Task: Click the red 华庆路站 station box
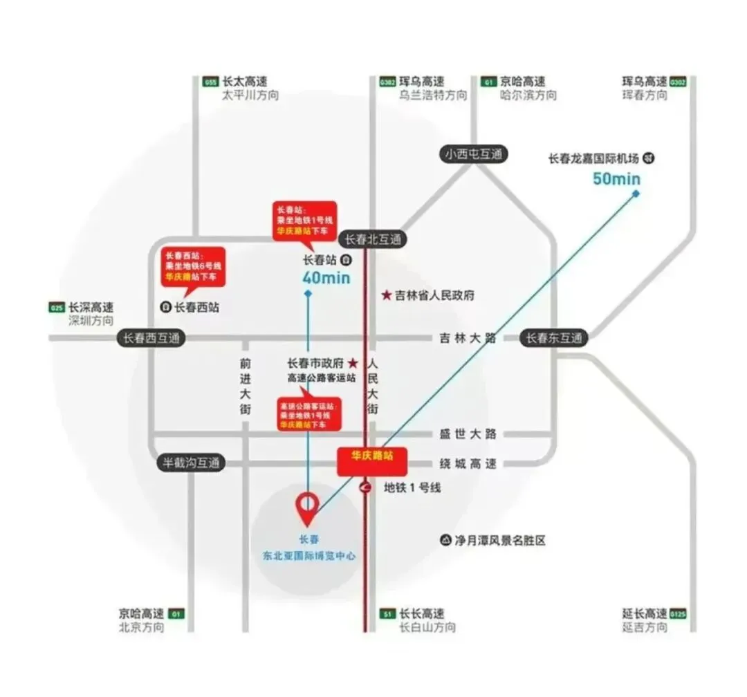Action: [x=372, y=462]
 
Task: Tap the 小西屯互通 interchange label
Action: [x=474, y=154]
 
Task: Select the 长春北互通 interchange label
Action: [x=373, y=239]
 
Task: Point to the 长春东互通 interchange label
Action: [x=554, y=338]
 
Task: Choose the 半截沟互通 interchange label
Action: [x=191, y=463]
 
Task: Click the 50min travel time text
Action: [x=616, y=179]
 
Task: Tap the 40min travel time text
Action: [x=326, y=278]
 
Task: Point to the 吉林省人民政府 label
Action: [x=434, y=295]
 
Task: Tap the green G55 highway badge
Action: [x=210, y=82]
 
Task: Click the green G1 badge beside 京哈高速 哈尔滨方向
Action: [x=490, y=82]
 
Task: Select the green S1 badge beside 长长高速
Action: [x=387, y=614]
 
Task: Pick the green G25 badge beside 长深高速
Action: [x=57, y=308]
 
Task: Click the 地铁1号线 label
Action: [x=412, y=487]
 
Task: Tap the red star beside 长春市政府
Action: [x=352, y=363]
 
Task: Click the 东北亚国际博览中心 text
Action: [x=309, y=555]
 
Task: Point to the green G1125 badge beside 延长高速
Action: [x=679, y=614]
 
